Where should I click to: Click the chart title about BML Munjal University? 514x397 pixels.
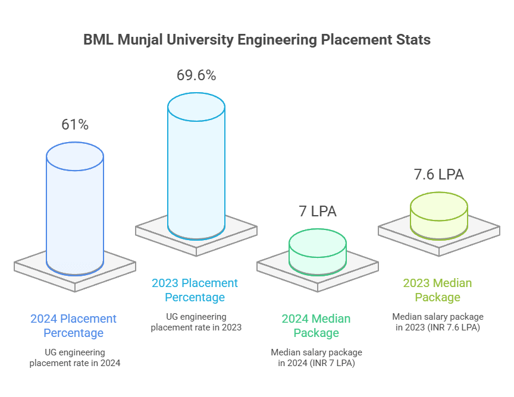pyautogui.click(x=256, y=40)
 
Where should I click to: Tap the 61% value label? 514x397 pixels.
pyautogui.click(x=75, y=125)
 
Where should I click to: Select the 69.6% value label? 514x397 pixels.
pyautogui.click(x=196, y=75)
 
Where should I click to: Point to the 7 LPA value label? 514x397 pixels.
pyautogui.click(x=317, y=211)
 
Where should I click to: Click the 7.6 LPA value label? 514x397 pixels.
pyautogui.click(x=438, y=174)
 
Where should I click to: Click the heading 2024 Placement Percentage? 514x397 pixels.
pyautogui.click(x=74, y=326)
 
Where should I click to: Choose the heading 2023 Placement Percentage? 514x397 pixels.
pyautogui.click(x=195, y=290)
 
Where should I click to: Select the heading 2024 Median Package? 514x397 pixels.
pyautogui.click(x=316, y=326)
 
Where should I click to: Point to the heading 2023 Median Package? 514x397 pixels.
pyautogui.click(x=437, y=290)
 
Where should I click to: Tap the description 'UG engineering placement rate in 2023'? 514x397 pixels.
pyautogui.click(x=196, y=322)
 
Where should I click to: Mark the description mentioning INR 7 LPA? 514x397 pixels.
pyautogui.click(x=316, y=357)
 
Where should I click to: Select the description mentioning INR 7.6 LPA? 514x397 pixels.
pyautogui.click(x=438, y=322)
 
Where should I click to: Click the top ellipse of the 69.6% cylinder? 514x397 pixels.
pyautogui.click(x=196, y=107)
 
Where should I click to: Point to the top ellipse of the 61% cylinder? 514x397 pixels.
pyautogui.click(x=75, y=156)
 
